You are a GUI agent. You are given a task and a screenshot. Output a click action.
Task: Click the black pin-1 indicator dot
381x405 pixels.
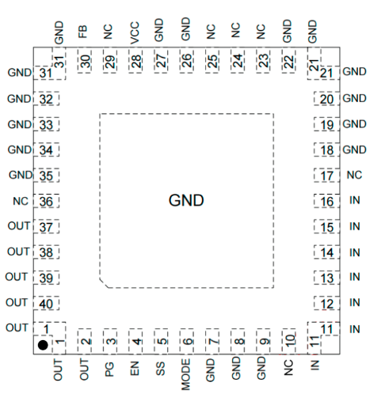(43, 345)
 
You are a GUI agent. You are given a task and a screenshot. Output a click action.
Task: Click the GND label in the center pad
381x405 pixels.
(186, 200)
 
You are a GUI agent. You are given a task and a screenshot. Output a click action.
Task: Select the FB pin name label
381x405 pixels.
(82, 32)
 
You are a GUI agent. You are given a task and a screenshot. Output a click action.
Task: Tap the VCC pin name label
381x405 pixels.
(135, 32)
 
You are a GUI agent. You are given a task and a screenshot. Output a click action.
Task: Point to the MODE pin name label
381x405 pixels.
(185, 374)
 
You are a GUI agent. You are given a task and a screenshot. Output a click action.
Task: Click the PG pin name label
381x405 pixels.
(109, 369)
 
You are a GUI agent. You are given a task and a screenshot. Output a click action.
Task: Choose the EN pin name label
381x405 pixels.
(135, 369)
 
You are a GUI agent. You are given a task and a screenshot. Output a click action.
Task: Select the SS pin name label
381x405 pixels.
(160, 369)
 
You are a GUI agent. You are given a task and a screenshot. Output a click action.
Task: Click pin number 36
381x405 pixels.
(46, 202)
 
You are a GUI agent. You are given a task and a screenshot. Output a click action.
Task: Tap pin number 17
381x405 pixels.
(327, 176)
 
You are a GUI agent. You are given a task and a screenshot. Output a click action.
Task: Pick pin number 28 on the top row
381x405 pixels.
(135, 61)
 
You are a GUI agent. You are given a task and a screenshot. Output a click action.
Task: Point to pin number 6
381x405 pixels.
(187, 342)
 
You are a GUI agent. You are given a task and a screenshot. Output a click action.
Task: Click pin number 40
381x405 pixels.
(46, 304)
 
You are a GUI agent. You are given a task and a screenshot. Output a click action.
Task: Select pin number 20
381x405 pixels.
(327, 100)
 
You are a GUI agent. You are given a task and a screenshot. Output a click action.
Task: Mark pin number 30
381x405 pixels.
(85, 61)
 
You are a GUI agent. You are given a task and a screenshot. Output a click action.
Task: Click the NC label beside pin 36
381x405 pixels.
(21, 202)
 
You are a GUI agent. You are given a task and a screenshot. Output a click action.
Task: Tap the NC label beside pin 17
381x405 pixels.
(354, 176)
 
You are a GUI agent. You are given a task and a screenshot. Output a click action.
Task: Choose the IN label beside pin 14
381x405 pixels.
(355, 252)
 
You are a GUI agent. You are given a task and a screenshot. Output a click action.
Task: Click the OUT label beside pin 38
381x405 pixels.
(18, 252)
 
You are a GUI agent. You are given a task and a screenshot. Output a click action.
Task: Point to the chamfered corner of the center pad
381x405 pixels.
(104, 283)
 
